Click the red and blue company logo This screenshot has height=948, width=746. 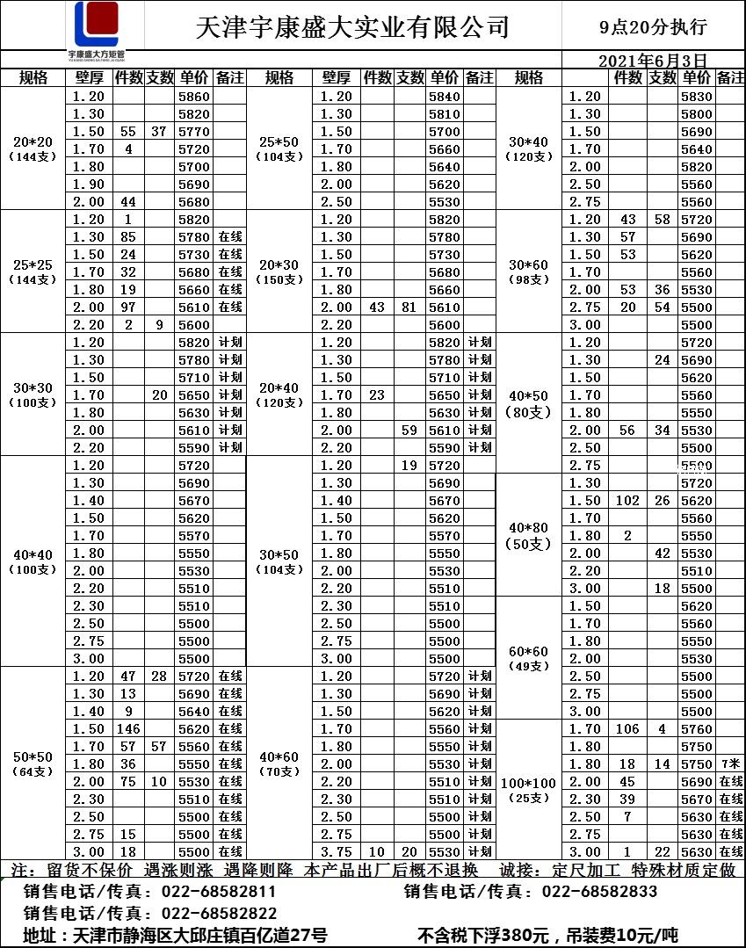click(96, 25)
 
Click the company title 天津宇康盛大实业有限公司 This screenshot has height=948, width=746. click(352, 27)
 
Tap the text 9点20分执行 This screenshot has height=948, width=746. click(653, 27)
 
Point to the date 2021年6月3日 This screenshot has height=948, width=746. click(652, 61)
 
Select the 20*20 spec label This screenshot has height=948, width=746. click(33, 141)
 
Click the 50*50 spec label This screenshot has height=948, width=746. click(33, 756)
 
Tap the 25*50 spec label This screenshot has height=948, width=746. click(279, 141)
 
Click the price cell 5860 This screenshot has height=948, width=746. click(194, 97)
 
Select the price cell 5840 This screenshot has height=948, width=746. click(445, 97)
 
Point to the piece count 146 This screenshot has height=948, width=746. click(128, 729)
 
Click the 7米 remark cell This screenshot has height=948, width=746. click(730, 764)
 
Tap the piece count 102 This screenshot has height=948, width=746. click(627, 501)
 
